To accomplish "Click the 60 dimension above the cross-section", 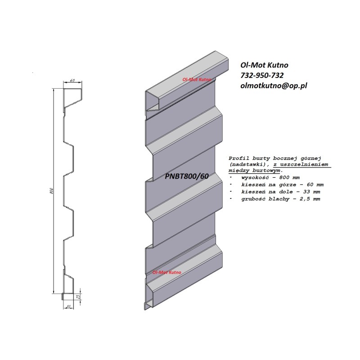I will pos(72,81).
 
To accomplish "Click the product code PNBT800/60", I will pos(187,176).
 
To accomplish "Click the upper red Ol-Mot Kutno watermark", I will pos(197,79).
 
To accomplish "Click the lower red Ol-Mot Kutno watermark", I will pos(167,273).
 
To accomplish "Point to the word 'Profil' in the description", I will pos(238,158).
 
